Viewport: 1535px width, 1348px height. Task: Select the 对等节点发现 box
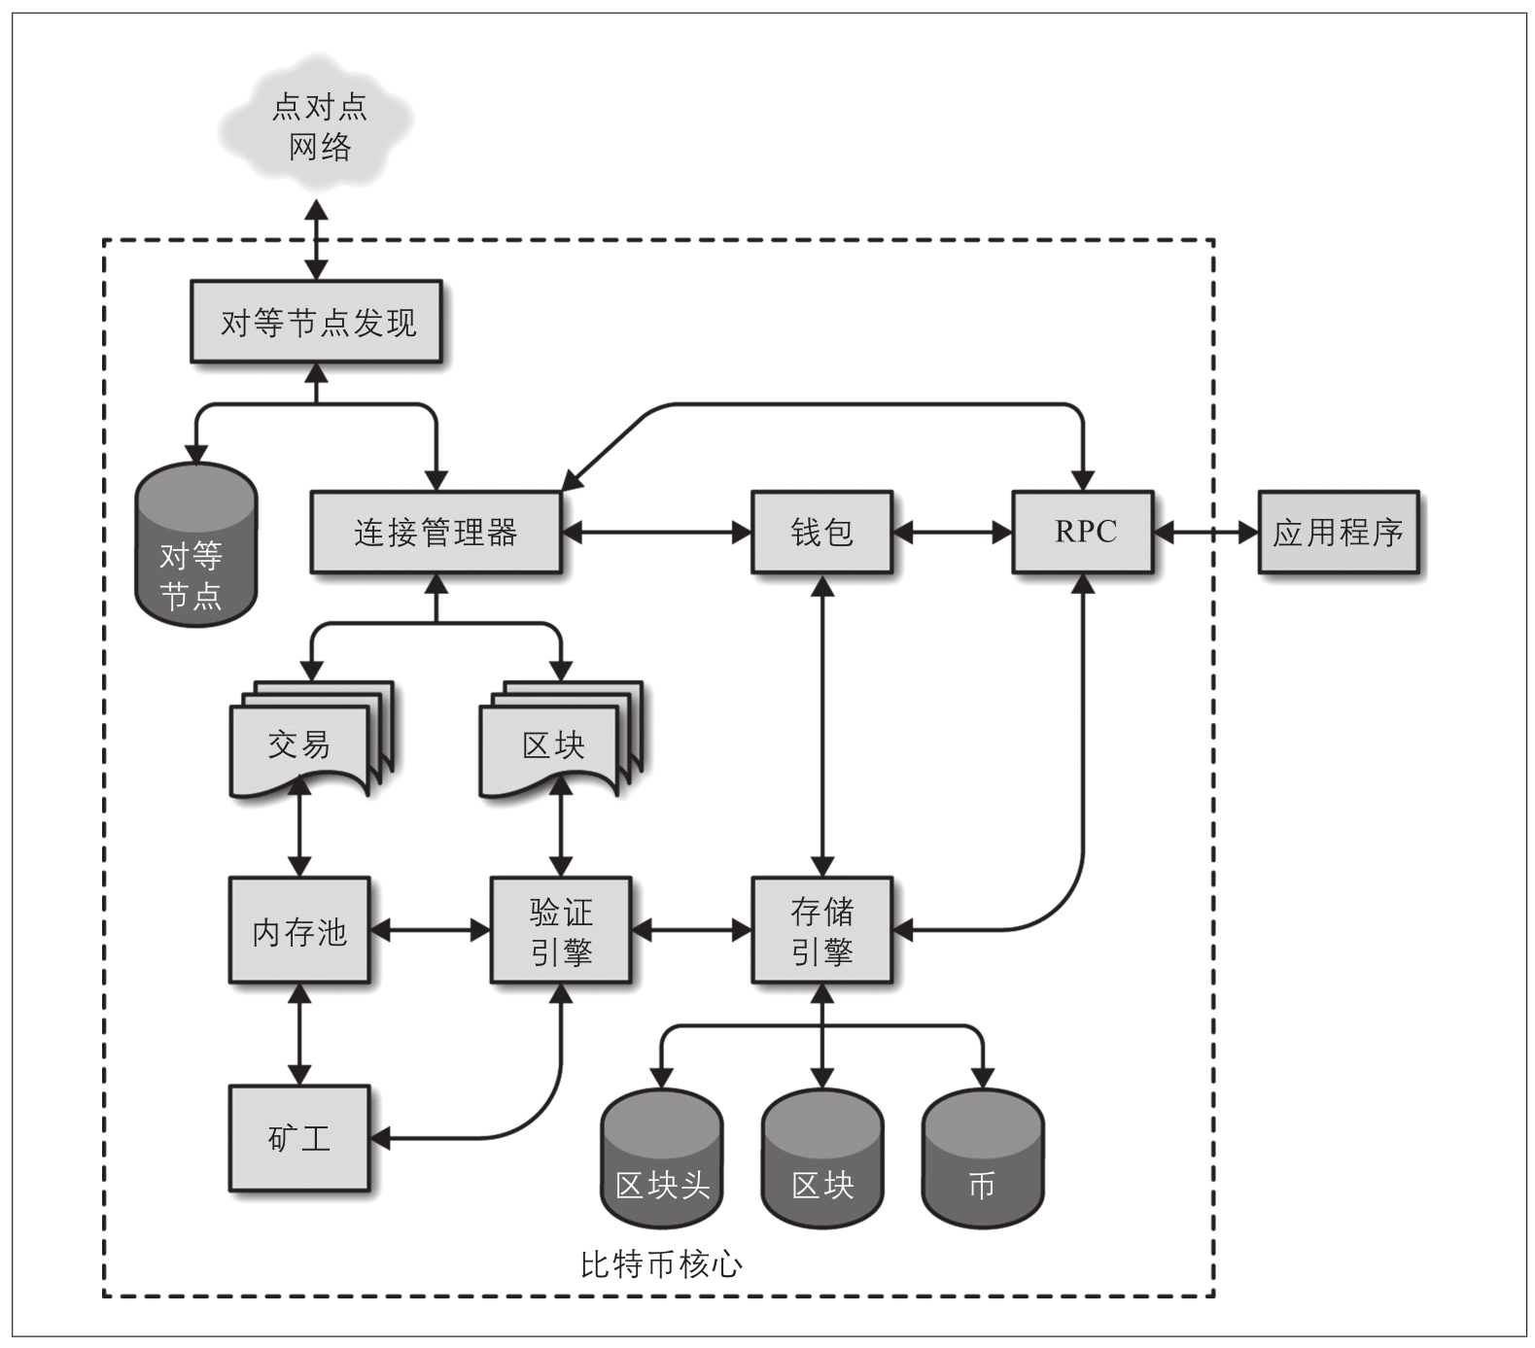(x=317, y=323)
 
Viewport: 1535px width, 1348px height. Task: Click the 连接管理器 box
(x=436, y=533)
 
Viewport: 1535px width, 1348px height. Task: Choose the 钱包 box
(x=822, y=533)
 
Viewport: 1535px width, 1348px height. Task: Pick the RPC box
(x=1084, y=533)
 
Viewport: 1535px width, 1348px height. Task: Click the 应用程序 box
(x=1339, y=533)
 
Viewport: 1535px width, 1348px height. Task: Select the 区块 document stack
(x=554, y=743)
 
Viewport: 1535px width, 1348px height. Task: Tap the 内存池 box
(x=299, y=931)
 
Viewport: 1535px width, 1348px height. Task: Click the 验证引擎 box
(x=561, y=931)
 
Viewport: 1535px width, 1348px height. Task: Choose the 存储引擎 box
(x=822, y=931)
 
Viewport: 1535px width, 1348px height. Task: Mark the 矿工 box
(x=299, y=1138)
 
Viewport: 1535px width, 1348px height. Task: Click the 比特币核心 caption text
(x=661, y=1264)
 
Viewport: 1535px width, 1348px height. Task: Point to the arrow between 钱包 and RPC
(x=953, y=533)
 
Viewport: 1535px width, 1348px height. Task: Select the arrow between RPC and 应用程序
(x=1205, y=533)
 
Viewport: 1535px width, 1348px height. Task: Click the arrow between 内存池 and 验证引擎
(x=431, y=931)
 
